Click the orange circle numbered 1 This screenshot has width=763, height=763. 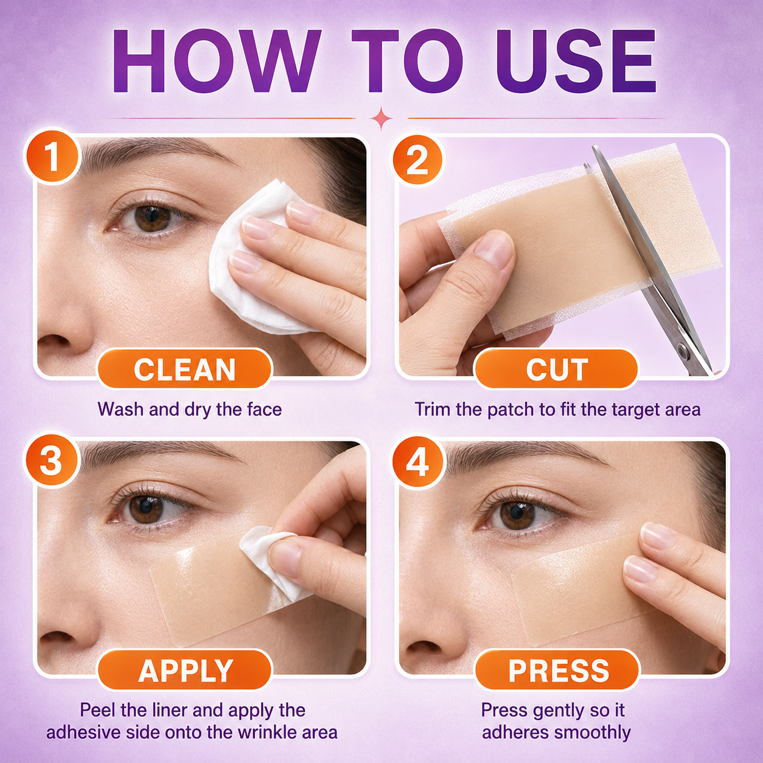[x=52, y=157]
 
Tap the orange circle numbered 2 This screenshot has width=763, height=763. [x=417, y=160]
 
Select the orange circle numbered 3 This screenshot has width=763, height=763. [x=51, y=461]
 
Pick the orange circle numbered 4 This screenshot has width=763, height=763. [x=417, y=462]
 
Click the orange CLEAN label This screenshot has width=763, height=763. [x=185, y=369]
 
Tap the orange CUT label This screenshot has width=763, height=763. [x=557, y=369]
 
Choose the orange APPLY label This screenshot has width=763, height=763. [x=185, y=671]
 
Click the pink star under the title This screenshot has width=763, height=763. [x=381, y=118]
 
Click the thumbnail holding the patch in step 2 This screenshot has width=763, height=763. [x=493, y=249]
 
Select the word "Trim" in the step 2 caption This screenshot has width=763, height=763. [x=433, y=409]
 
